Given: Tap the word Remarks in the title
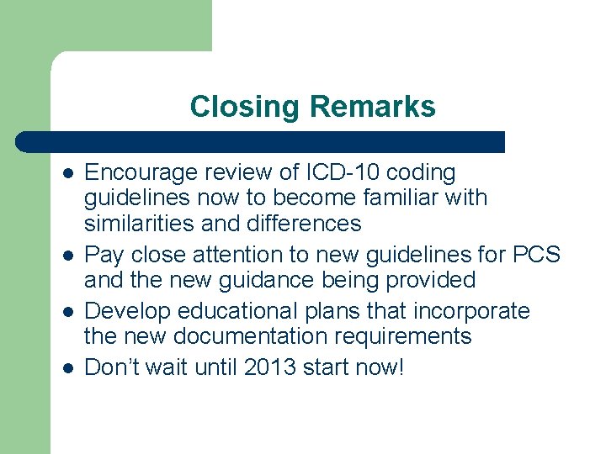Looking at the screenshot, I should click(372, 107).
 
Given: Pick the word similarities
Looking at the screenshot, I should click(139, 224).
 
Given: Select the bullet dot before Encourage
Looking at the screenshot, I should click(67, 174).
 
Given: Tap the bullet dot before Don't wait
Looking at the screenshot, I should click(67, 368).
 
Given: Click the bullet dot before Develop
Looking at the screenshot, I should click(67, 312).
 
